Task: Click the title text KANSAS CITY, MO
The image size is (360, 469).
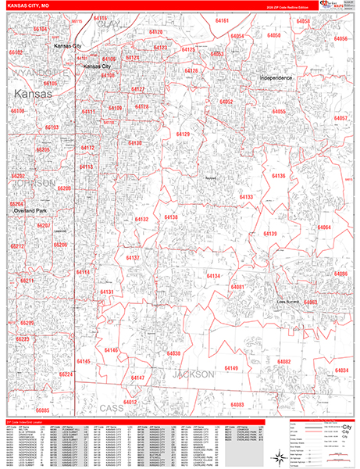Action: [30, 5]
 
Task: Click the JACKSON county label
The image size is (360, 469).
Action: [191, 374]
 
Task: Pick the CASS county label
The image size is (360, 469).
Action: [111, 408]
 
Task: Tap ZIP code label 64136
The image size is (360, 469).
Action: [279, 177]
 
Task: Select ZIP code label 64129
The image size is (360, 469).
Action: [183, 134]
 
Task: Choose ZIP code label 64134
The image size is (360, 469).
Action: [213, 277]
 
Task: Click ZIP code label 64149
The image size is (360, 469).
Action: [231, 367]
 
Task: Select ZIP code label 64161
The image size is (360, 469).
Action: [223, 20]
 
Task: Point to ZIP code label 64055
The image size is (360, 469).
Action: [279, 112]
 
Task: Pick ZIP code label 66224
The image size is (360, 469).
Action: [66, 374]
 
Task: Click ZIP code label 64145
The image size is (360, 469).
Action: [84, 362]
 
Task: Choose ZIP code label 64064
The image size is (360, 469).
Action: [324, 227]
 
